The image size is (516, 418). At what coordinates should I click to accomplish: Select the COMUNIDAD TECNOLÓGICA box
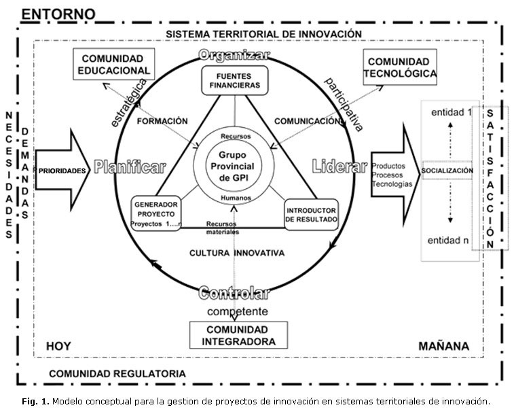pos(401,67)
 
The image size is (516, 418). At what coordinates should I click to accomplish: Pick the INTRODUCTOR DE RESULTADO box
pos(311,214)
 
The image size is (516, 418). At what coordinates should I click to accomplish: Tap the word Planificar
pos(130,168)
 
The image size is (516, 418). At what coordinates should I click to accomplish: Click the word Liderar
pos(339,166)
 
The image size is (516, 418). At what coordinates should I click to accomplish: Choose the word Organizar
pos(234,54)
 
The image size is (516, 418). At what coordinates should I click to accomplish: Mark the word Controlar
pos(234,293)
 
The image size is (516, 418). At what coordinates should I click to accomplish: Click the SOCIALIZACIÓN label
pos(447,170)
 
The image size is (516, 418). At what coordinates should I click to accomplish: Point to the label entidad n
pos(447,241)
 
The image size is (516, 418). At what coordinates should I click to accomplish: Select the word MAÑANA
pos(443,346)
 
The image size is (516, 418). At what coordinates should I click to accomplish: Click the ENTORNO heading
pos(58,14)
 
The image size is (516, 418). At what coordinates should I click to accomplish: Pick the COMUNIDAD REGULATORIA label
pos(117,373)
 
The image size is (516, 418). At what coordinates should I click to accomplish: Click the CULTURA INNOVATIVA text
pos(236,253)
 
